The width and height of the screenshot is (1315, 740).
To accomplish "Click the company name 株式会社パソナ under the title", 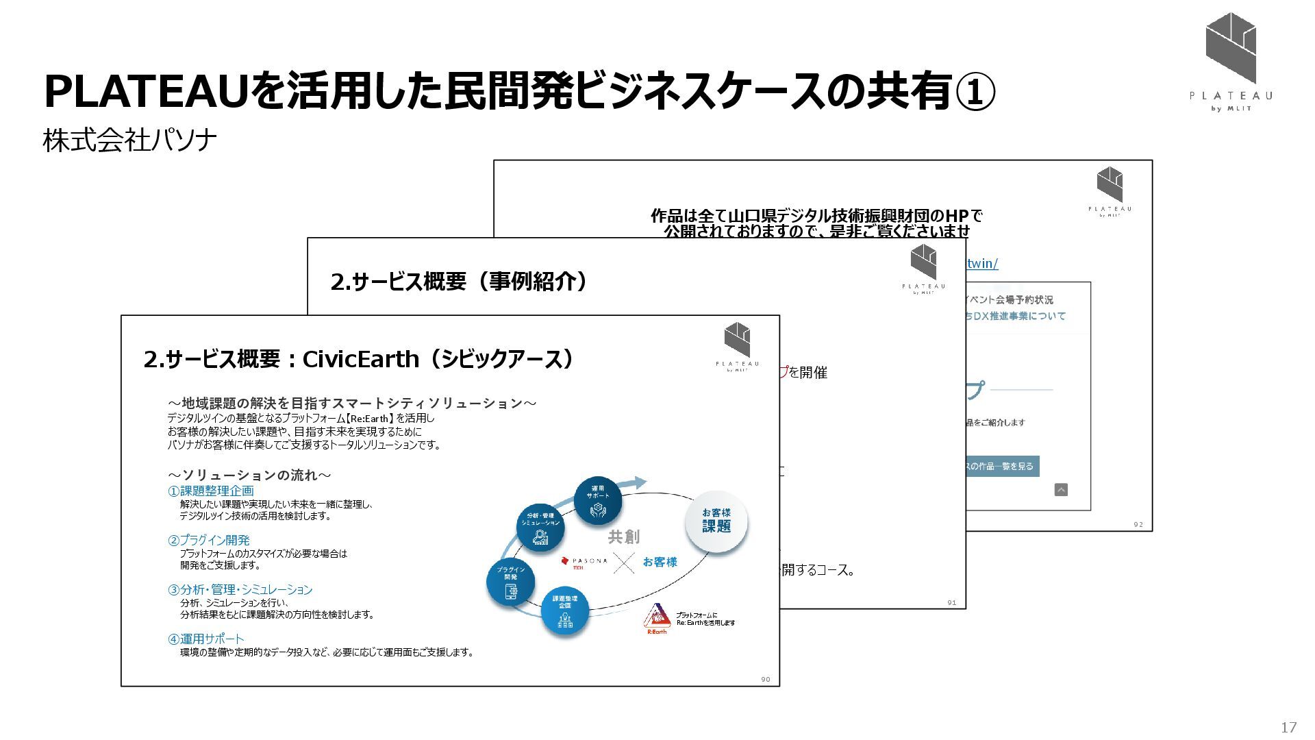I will coord(130,140).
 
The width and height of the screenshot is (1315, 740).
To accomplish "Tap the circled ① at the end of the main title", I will coord(974,92).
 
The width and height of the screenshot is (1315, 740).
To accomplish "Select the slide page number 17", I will coord(1288,727).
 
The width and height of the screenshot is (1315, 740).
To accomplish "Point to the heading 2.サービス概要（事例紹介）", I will coord(459,281).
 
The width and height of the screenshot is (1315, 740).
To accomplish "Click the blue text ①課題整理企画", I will coord(211,491).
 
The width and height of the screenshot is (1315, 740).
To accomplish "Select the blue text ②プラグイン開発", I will coord(209,540).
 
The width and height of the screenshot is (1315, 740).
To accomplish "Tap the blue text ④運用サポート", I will coord(205,639).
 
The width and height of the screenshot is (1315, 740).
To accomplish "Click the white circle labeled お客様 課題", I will coord(716,521).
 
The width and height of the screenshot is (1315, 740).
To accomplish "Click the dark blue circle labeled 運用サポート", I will coord(598,501).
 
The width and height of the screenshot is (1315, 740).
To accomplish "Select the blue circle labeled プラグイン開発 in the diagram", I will coord(511,582).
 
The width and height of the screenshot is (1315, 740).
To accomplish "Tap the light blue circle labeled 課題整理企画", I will coord(565,610).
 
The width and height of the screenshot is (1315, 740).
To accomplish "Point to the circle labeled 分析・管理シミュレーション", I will coord(540,528).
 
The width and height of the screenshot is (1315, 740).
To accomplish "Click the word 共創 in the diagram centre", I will coord(624,536).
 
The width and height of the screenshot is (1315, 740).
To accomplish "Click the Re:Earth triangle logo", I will coord(656,617).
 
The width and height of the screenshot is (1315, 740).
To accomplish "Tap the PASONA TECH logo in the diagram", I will coord(584,563).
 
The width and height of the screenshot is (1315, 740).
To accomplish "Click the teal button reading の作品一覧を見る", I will coord(1002,466).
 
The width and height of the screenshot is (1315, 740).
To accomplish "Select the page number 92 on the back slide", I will coord(1138,525).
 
